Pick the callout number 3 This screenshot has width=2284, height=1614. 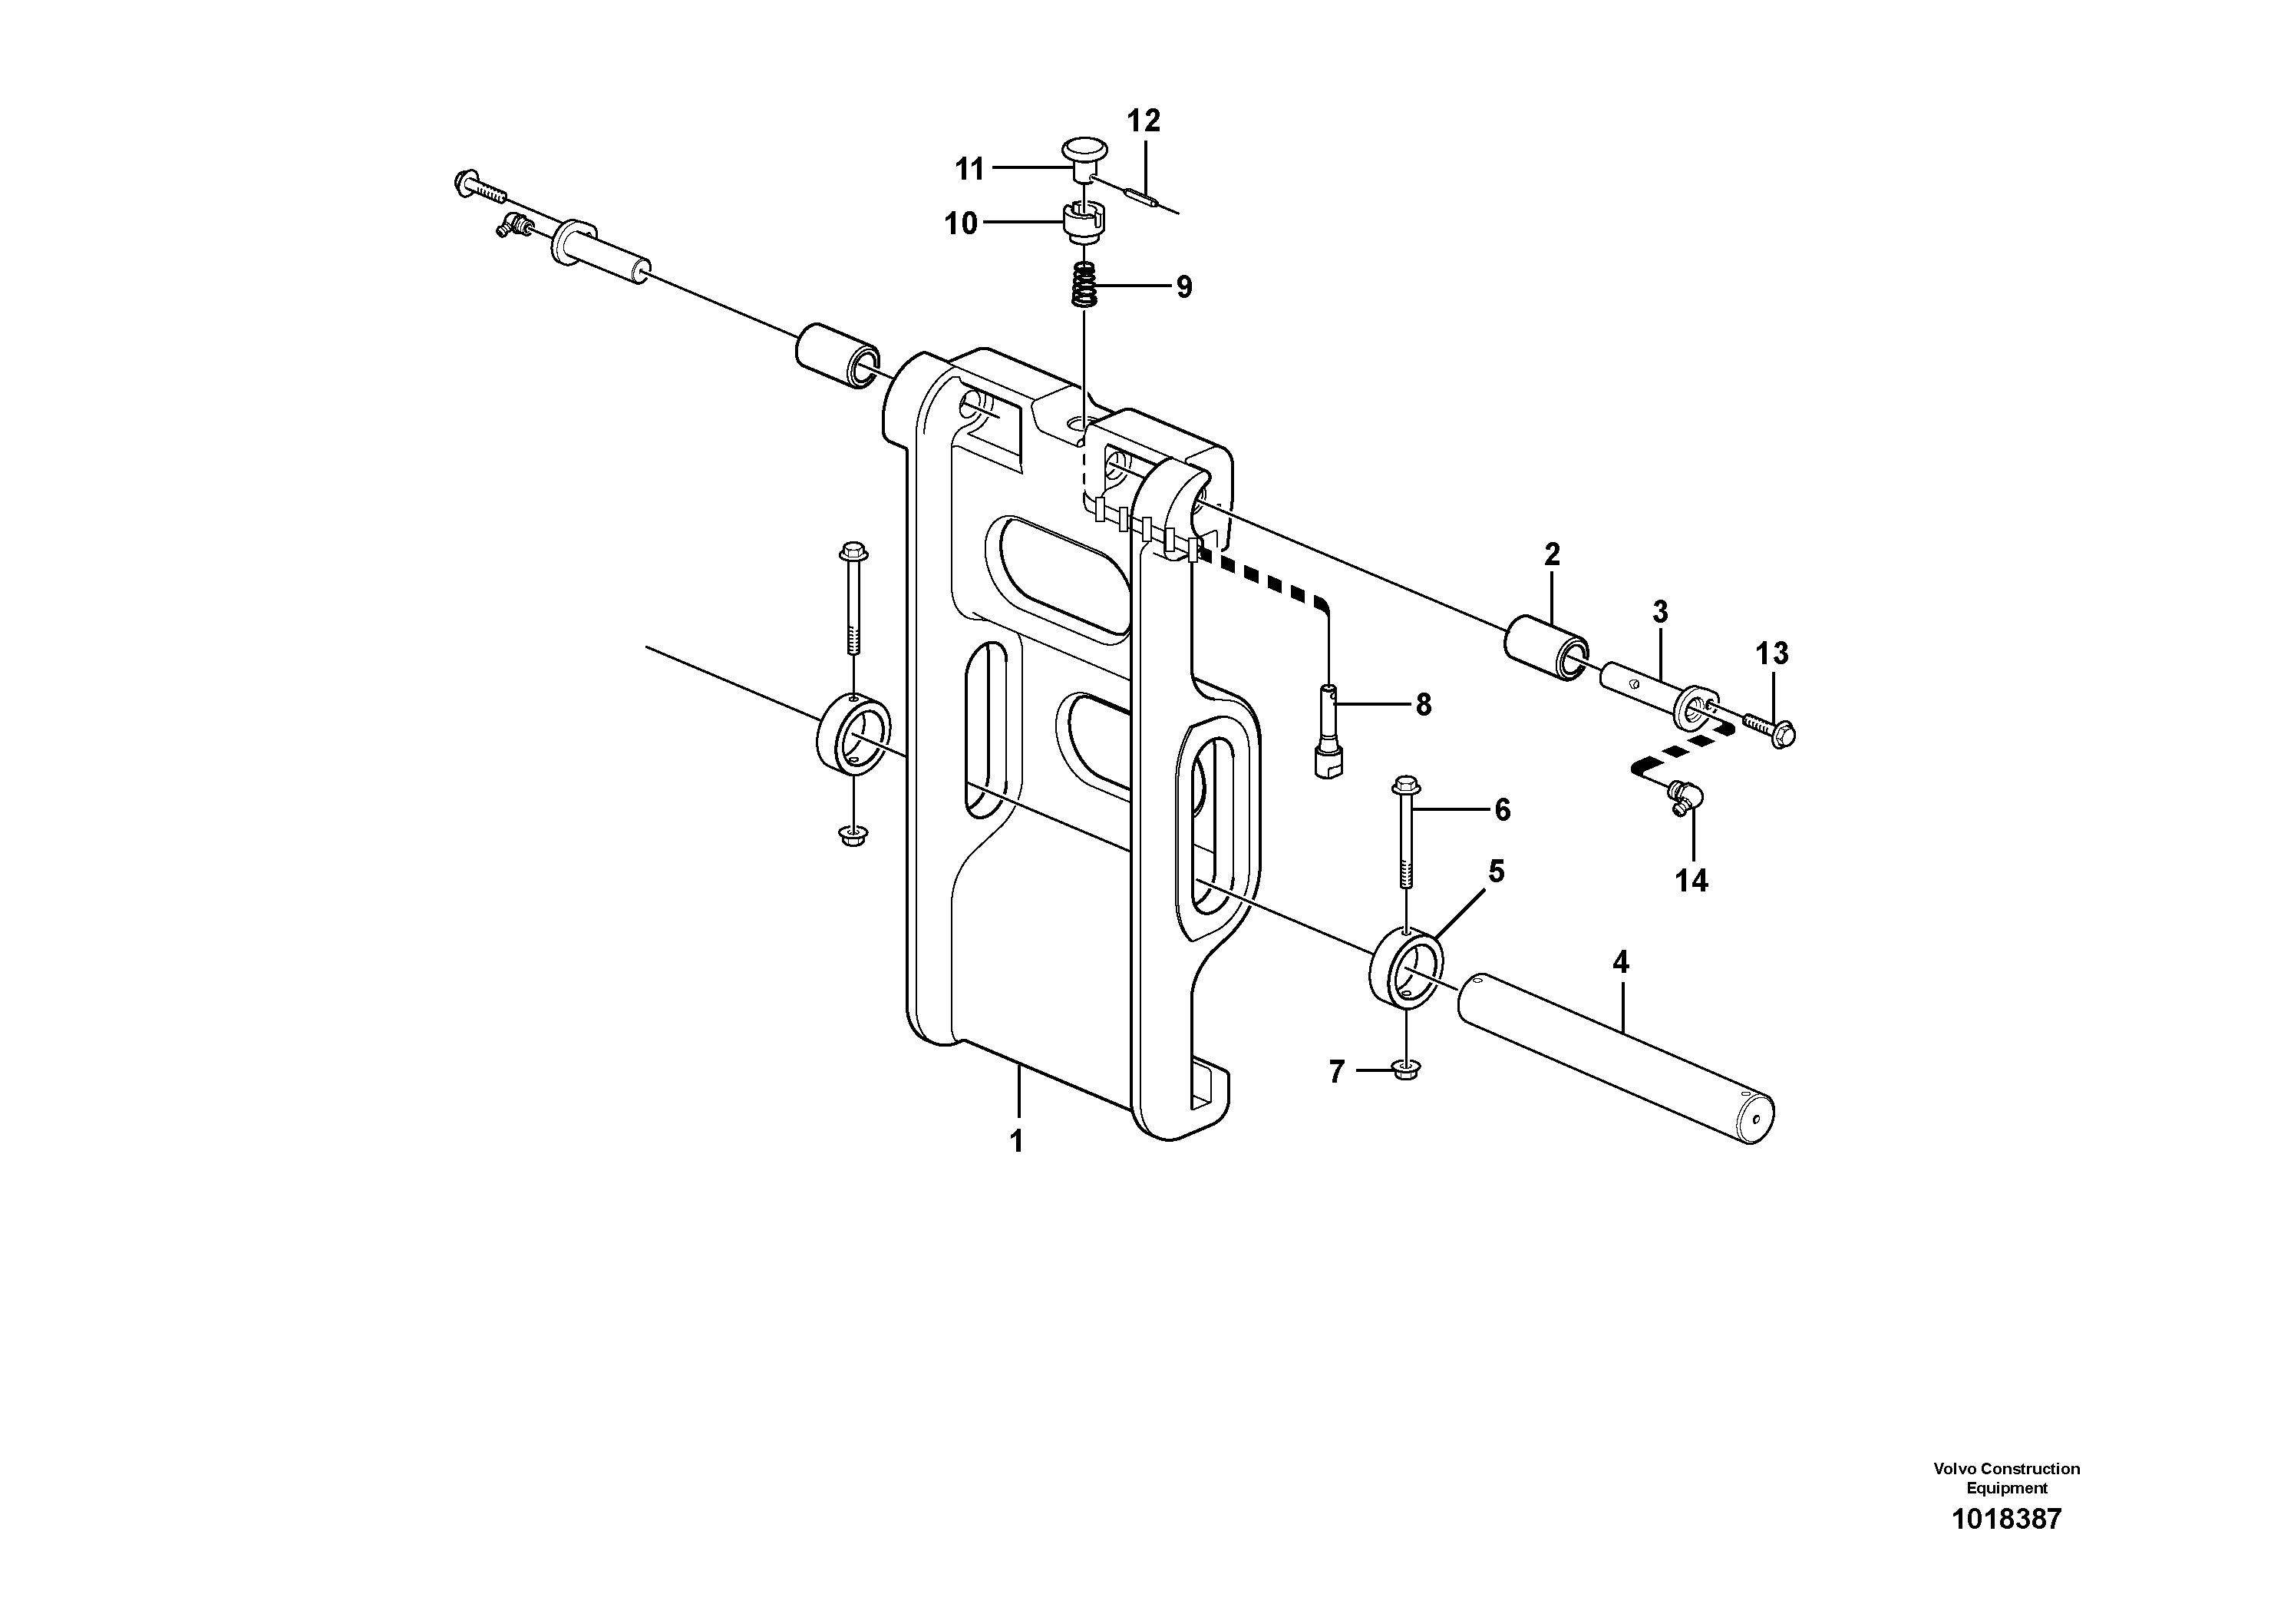click(1659, 612)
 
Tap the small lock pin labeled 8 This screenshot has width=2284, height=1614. click(1330, 733)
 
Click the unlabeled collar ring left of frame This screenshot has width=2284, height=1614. click(853, 733)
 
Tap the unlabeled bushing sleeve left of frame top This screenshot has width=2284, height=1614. click(837, 357)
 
